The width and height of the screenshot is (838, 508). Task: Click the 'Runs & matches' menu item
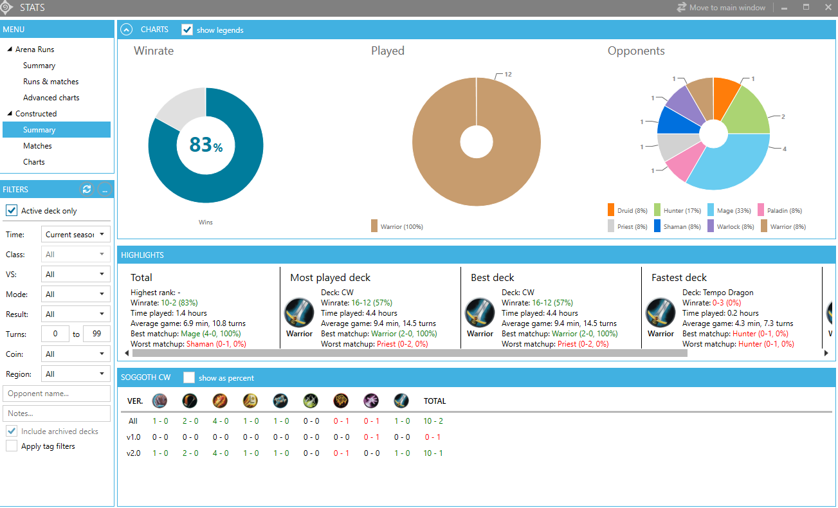(x=51, y=82)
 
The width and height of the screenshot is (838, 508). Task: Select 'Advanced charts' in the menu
(x=51, y=98)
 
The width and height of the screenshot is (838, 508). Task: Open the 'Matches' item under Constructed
(x=37, y=146)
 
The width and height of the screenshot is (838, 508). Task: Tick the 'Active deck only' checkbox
(x=12, y=211)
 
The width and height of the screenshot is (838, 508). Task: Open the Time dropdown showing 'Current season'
(x=75, y=235)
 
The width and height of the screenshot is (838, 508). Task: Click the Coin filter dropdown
(x=75, y=354)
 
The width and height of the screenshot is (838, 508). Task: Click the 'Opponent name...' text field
(x=57, y=394)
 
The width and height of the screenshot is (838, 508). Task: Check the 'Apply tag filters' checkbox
(x=12, y=446)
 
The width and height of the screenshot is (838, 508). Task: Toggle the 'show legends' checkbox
(x=187, y=30)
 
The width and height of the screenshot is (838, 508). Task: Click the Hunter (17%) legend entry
(x=678, y=210)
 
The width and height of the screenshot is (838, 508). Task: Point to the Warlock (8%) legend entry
(x=731, y=226)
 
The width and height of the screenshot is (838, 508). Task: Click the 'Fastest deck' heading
(x=679, y=278)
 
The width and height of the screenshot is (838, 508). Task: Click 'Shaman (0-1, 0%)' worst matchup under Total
(x=216, y=344)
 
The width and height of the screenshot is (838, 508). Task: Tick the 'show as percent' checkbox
(x=189, y=377)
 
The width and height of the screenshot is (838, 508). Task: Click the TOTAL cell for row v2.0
(x=432, y=453)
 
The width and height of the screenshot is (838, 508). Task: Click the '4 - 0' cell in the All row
(x=221, y=421)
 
